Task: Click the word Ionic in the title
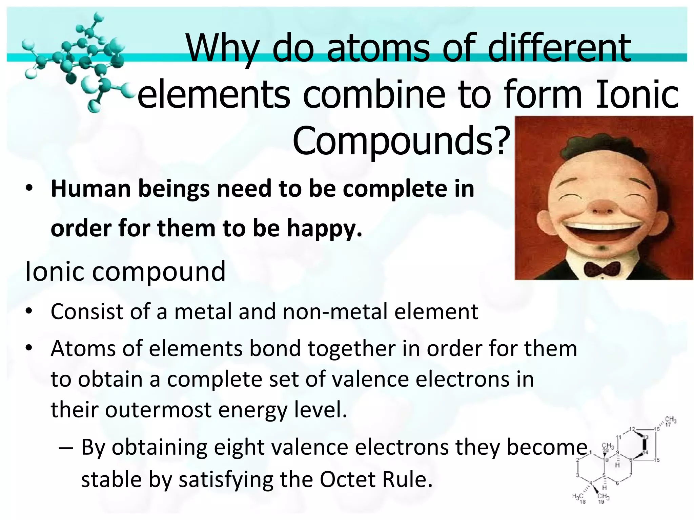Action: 637,94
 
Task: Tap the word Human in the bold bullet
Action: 90,189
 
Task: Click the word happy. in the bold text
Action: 325,228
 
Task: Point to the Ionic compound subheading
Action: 125,271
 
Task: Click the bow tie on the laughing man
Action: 602,269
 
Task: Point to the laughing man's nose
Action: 602,208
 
